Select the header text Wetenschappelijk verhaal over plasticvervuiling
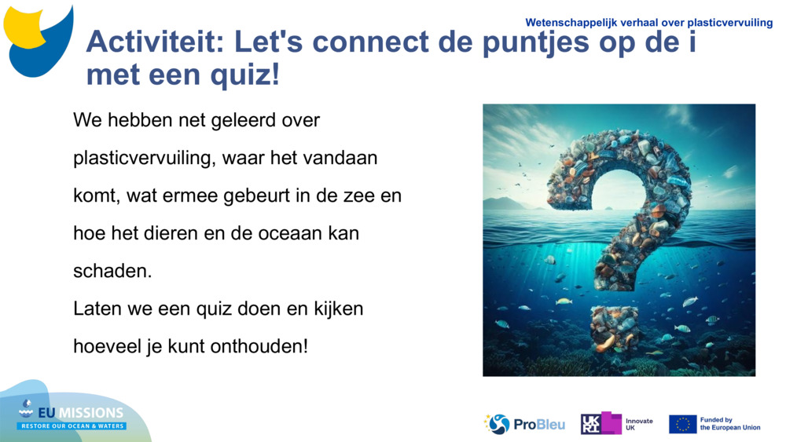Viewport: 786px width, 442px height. coord(648,23)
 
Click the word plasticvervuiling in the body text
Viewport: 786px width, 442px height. coord(143,158)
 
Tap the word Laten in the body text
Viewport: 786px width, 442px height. coord(95,309)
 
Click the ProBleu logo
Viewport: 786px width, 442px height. coord(524,424)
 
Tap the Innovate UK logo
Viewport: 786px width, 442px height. coord(617,424)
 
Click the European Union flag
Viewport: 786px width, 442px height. coord(682,424)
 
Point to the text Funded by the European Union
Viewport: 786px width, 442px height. coord(730,424)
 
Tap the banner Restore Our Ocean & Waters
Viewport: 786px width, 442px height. coord(72,426)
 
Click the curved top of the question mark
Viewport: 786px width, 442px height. coord(621,153)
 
